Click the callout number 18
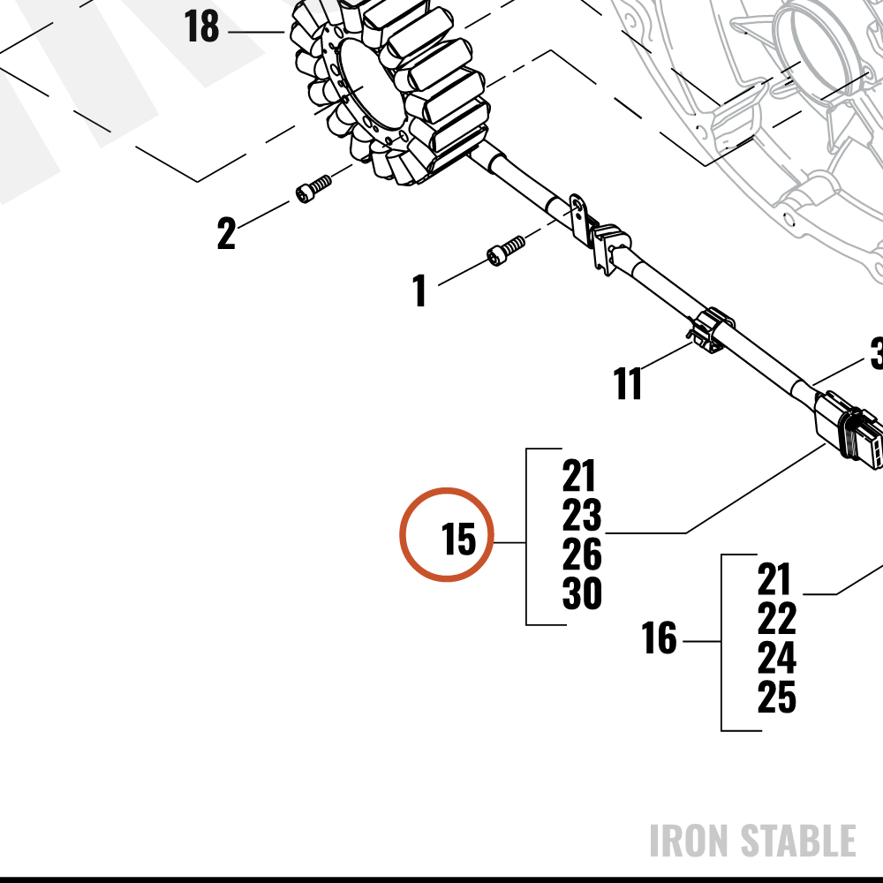201,26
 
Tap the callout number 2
226,233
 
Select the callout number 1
419,291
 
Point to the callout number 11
627,383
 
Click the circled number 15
458,539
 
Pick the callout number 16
659,638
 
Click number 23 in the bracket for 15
582,515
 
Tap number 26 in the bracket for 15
582,555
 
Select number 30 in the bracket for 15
582,593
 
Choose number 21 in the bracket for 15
578,476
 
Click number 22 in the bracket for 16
776,618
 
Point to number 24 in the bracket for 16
776,658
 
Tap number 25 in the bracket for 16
776,698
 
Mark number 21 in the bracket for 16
774,579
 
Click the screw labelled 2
313,189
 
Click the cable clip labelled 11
711,329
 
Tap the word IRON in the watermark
690,841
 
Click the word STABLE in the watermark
798,841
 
